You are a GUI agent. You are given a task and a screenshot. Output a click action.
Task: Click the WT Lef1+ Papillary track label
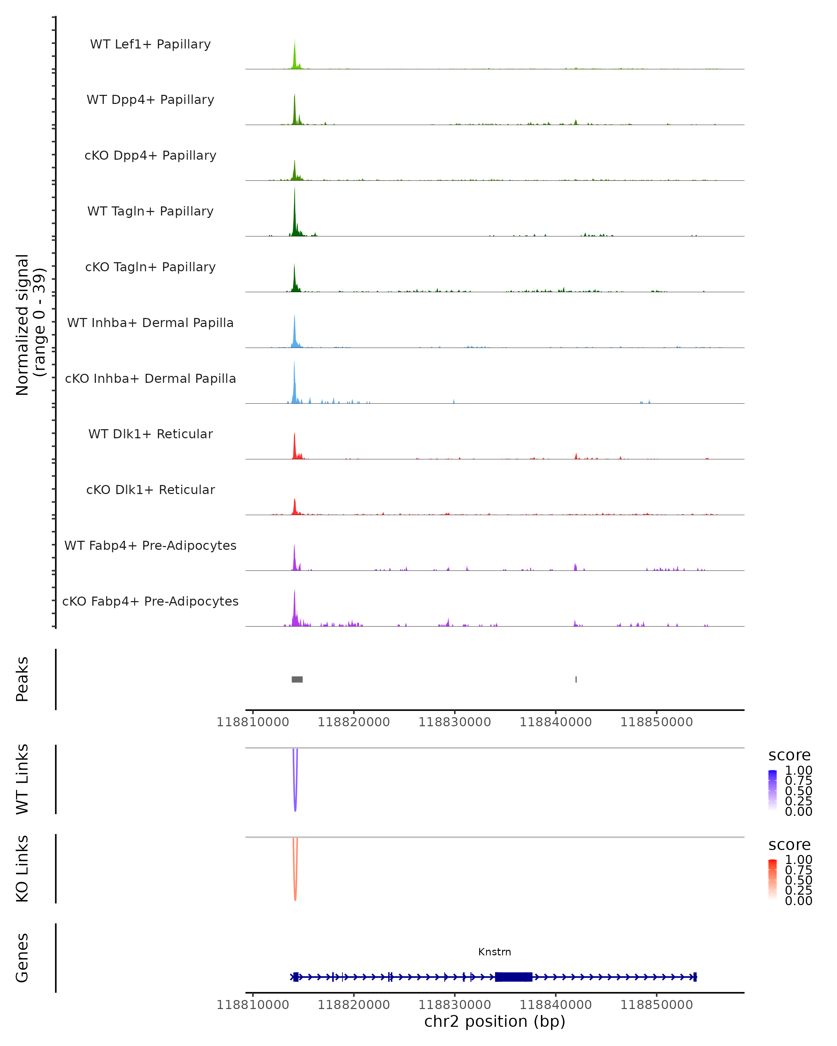click(x=150, y=44)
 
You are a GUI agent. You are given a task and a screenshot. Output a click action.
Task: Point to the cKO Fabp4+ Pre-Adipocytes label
click(x=150, y=601)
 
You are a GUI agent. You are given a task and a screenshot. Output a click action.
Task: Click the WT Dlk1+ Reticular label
click(x=150, y=434)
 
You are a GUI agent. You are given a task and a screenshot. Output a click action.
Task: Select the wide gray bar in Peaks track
click(x=297, y=679)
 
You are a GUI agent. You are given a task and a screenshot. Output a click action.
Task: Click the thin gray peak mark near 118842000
click(x=576, y=679)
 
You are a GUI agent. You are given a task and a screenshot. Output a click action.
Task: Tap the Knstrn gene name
click(x=495, y=952)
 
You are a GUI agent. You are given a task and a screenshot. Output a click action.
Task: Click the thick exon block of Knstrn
click(x=513, y=977)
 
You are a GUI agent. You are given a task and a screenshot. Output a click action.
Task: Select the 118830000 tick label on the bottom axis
click(x=455, y=1005)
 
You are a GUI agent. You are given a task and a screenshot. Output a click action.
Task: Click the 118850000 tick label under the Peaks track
click(x=656, y=722)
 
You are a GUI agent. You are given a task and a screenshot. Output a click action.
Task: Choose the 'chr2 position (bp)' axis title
click(x=495, y=1022)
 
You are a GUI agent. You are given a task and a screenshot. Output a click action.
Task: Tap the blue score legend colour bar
click(x=772, y=790)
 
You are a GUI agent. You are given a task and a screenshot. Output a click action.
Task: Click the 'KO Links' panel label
click(x=22, y=869)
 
